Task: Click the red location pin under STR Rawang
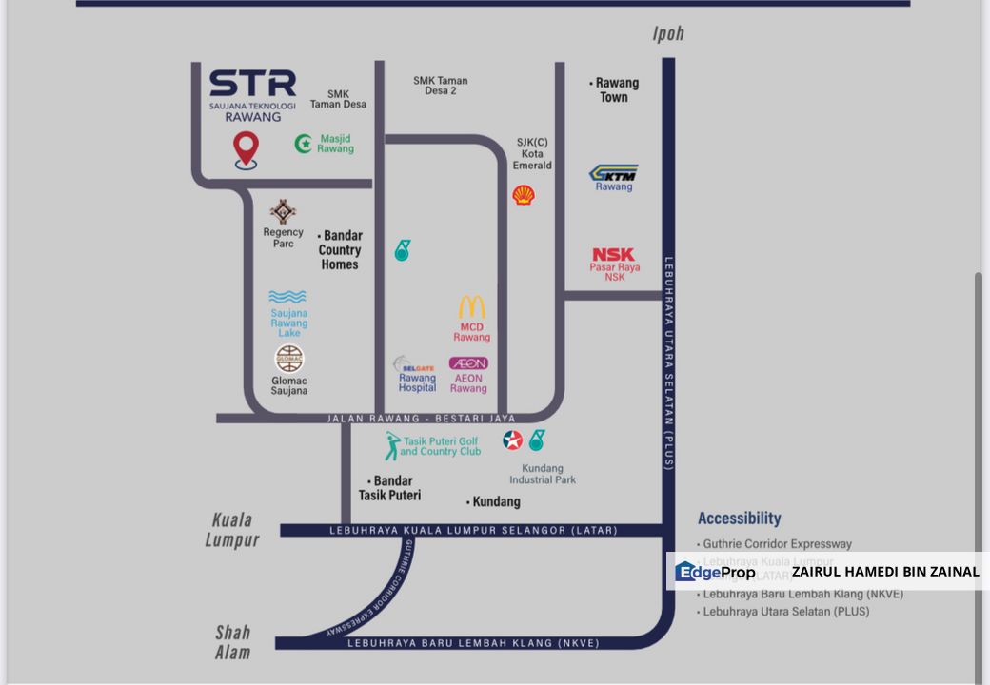tap(247, 149)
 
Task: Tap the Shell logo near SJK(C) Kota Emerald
tap(523, 195)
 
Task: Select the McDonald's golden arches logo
tap(472, 307)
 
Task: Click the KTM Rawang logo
tap(614, 173)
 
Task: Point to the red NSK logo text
tap(613, 255)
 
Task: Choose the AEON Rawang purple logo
tap(468, 363)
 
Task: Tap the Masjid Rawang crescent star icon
tap(305, 144)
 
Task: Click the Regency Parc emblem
tap(283, 212)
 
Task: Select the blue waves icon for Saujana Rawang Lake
tap(287, 297)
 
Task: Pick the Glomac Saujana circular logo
tap(289, 359)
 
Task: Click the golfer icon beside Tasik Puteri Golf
tap(391, 445)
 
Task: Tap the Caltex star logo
tap(513, 440)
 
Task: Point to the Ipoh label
tap(668, 34)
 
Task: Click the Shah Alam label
tap(232, 642)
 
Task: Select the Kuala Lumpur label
tap(232, 530)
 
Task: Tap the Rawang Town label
tap(614, 90)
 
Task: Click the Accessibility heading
tap(739, 519)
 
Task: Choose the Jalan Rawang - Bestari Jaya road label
tap(421, 419)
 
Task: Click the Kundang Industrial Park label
tap(543, 474)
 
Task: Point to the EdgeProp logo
tap(716, 572)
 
